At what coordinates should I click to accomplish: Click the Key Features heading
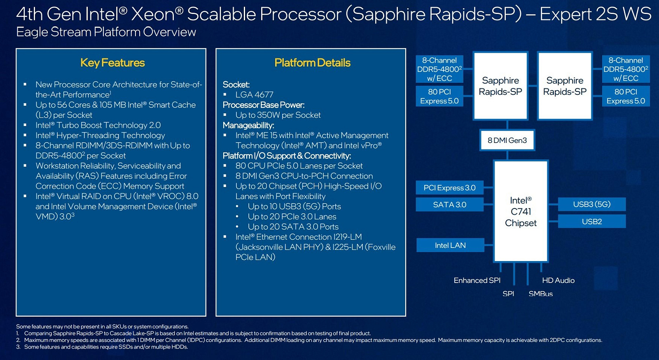pos(112,63)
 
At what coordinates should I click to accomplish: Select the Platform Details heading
pos(312,63)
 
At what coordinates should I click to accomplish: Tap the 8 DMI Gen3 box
pos(507,140)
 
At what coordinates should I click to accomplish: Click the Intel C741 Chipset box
pos(521,211)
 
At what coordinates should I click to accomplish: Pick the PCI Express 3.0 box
pos(449,188)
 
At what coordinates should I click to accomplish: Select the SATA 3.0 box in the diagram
pos(449,204)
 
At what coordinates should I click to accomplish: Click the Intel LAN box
pos(450,245)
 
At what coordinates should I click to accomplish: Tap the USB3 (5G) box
pos(591,204)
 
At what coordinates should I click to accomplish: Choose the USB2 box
pos(591,221)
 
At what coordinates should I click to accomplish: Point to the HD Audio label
pos(558,280)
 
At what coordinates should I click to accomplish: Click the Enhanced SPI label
pos(477,280)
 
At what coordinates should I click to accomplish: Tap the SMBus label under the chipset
pos(540,294)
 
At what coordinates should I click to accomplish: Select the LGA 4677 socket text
pos(254,95)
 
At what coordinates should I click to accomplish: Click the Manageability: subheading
pos(248,125)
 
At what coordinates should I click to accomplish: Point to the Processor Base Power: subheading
pos(263,105)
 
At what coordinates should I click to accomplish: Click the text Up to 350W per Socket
pos(278,115)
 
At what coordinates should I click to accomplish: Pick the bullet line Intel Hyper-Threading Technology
pos(100,135)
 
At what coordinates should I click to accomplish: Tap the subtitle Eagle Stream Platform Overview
pos(106,32)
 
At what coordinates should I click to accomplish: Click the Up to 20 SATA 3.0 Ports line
pos(293,227)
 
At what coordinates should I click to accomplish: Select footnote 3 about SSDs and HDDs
pos(102,347)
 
